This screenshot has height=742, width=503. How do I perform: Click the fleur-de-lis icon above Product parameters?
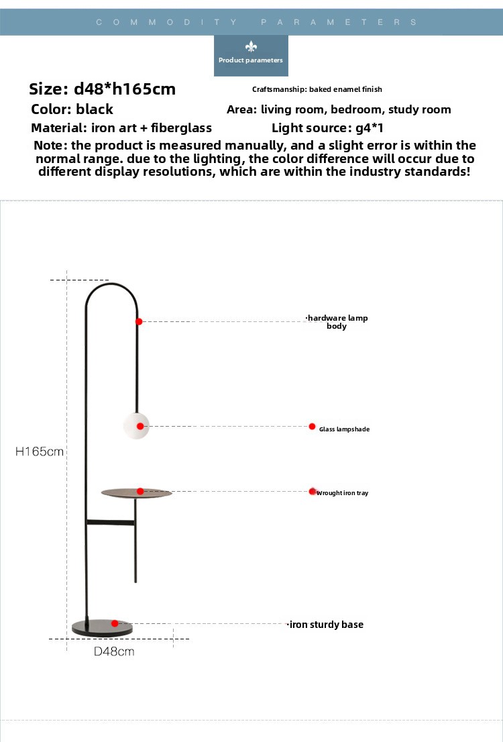coord(251,46)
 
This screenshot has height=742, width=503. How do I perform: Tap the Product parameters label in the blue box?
coord(251,60)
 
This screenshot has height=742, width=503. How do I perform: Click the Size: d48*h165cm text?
coord(102,89)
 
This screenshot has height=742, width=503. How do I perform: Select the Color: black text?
coord(72,109)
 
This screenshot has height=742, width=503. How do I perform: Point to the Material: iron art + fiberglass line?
coord(121,127)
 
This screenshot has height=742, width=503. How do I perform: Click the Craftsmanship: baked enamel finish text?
coord(317,89)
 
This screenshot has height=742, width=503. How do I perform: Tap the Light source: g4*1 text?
coord(327,127)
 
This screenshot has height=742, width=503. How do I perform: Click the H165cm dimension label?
coord(40,452)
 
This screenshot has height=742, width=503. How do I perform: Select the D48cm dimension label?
coord(114,651)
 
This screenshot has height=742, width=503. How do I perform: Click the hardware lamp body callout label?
coord(337,322)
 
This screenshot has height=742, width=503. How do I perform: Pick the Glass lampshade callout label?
coord(345,429)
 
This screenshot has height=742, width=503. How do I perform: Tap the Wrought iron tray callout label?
coord(342,493)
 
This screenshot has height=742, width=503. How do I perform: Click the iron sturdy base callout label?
coord(325,625)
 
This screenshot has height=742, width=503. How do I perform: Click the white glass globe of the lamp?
coord(136,426)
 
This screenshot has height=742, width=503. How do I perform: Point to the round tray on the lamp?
coord(136,493)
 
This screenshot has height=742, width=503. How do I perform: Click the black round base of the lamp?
coord(102,627)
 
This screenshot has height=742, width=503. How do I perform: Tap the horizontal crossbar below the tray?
coord(111,523)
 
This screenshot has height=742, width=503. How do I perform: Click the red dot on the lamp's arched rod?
coord(139,322)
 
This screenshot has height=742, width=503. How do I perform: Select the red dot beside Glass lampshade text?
coord(313,427)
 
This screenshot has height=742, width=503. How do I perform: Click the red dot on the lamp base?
coord(115,624)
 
